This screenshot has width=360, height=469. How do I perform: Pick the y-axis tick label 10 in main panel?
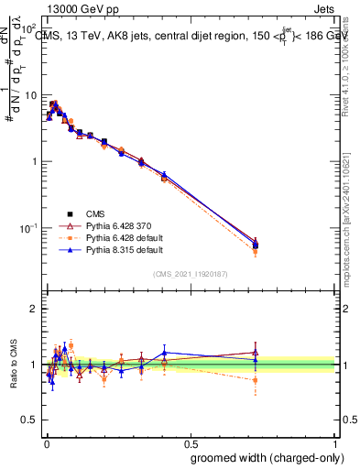tap(30, 95)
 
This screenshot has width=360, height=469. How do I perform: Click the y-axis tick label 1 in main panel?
tap(35, 161)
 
